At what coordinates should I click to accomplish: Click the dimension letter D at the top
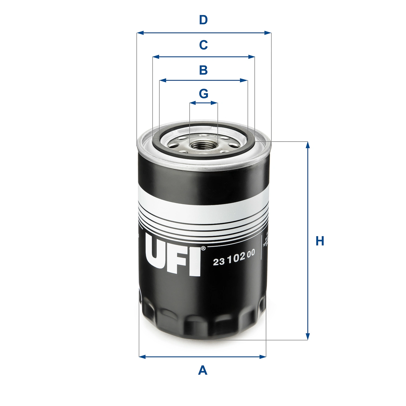[x=203, y=20]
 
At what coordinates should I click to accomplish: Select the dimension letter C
[x=203, y=45]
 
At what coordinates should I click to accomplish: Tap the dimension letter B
[x=203, y=70]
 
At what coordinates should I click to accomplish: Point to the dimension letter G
[x=204, y=94]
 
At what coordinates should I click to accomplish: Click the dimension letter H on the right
[x=320, y=241]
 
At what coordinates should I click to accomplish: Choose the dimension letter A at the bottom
[x=203, y=370]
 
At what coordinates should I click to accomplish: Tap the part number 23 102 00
[x=234, y=258]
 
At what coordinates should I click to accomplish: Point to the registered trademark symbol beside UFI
[x=203, y=248]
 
